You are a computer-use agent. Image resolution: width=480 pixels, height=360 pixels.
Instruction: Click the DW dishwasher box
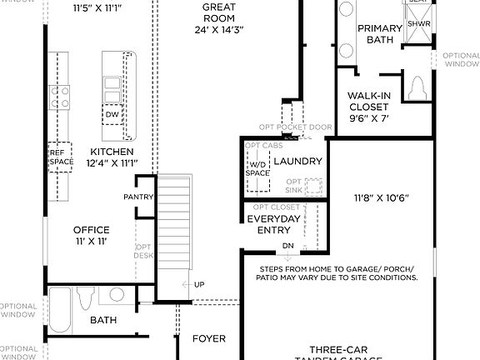(x=112, y=114)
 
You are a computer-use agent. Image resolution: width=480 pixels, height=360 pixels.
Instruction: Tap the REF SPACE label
(x=57, y=157)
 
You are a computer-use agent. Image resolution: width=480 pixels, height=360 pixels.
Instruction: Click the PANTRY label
(x=137, y=197)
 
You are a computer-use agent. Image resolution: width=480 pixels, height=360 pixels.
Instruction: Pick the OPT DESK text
(x=143, y=252)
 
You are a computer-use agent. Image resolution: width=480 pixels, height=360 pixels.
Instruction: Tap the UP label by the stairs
(x=199, y=285)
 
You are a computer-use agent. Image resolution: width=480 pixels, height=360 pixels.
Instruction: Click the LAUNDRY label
(x=297, y=161)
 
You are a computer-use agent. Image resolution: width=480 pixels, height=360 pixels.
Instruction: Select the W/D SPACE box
(x=258, y=169)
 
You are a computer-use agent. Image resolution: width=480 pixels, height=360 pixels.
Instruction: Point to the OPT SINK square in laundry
(x=313, y=187)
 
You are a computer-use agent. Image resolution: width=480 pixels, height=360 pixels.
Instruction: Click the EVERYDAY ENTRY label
(x=273, y=224)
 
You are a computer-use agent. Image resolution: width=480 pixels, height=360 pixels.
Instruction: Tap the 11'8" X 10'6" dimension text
(x=380, y=198)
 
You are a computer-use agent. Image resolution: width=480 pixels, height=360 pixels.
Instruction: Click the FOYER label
(x=208, y=339)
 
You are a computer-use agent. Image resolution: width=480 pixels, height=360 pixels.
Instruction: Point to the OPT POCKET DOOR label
(x=295, y=127)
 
